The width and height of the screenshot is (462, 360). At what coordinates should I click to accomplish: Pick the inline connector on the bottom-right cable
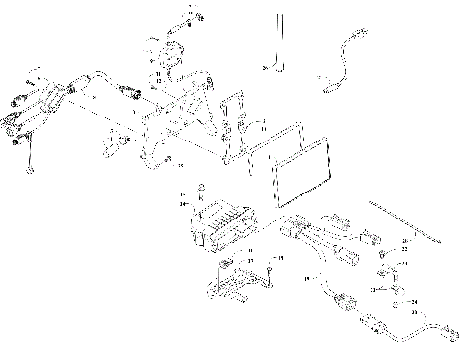tap(370, 322)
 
